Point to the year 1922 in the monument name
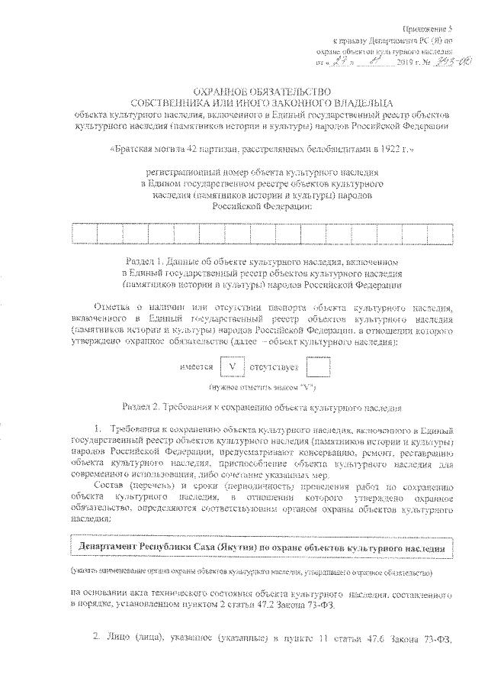point(390,151)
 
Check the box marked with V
point(230,367)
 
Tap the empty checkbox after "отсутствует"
point(316,367)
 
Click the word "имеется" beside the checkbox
point(196,368)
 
